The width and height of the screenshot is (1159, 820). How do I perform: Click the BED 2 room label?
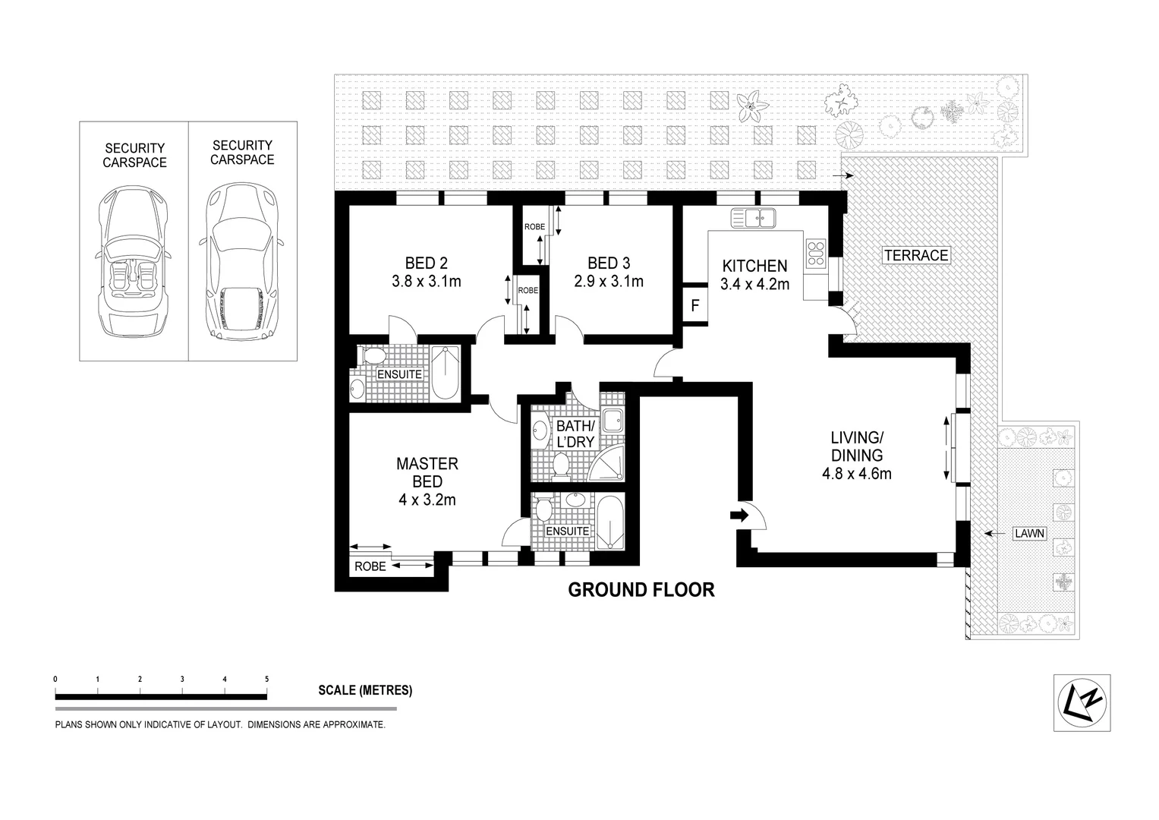point(426,263)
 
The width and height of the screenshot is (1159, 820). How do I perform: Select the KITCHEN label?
point(754,266)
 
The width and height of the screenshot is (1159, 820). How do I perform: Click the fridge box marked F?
point(694,306)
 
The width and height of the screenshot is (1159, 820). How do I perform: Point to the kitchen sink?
point(752,219)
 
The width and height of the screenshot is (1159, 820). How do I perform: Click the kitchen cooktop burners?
point(816,253)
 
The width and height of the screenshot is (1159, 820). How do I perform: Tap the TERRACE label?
point(916,255)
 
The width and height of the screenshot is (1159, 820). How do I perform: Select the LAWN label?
point(1030,534)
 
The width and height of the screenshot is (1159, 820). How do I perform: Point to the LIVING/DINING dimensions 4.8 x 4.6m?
point(856,475)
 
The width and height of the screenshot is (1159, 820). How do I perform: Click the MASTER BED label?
point(427,472)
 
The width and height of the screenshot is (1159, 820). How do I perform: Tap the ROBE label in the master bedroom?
point(370,566)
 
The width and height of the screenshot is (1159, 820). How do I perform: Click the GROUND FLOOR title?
point(641,590)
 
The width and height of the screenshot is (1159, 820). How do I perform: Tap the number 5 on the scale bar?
point(266,679)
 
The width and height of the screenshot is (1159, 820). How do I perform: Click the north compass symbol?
point(1082,702)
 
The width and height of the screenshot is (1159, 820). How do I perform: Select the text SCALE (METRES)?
point(365,691)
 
